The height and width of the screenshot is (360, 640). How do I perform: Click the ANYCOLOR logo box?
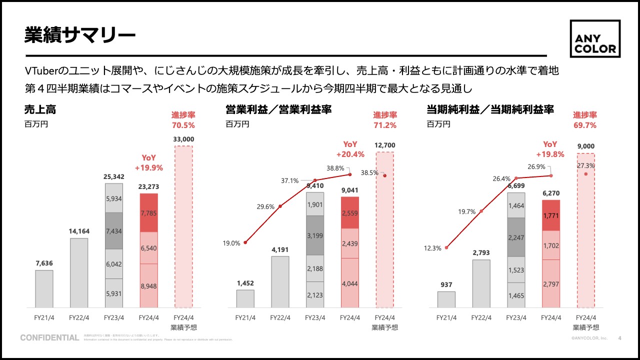(595, 39)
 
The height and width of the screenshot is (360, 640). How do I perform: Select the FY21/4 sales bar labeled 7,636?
(44, 288)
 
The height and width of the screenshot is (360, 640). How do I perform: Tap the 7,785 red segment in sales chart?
(149, 213)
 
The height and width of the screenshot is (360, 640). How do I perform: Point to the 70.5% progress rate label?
(183, 125)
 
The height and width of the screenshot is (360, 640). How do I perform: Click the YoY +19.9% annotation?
(149, 163)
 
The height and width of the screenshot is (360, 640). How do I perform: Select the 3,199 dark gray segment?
(314, 235)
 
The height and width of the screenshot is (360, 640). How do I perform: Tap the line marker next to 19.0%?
(245, 242)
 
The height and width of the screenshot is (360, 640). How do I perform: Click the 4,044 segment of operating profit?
(350, 283)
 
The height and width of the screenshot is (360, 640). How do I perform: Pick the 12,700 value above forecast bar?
(384, 145)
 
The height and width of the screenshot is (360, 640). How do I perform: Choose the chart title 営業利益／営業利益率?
(278, 109)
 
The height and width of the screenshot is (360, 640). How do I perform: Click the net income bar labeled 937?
(446, 299)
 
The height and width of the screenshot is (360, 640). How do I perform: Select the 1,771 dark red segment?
(550, 215)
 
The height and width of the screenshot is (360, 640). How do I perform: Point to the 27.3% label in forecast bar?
(585, 165)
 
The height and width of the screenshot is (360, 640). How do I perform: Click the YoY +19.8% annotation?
(550, 149)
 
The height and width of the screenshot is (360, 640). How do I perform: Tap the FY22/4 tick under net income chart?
(480, 317)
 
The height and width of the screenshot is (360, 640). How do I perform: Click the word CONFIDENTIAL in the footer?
(49, 338)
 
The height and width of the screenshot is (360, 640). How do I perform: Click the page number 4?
(620, 338)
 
